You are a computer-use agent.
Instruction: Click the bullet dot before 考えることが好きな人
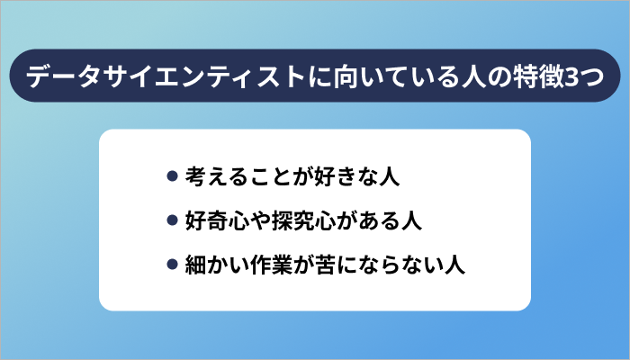pyautogui.click(x=172, y=176)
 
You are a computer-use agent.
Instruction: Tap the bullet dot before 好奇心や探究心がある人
pyautogui.click(x=172, y=220)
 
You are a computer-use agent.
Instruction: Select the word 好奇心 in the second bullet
pyautogui.click(x=216, y=220)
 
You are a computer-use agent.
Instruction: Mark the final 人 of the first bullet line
pyautogui.click(x=389, y=176)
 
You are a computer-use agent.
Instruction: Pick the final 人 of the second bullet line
pyautogui.click(x=410, y=220)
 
